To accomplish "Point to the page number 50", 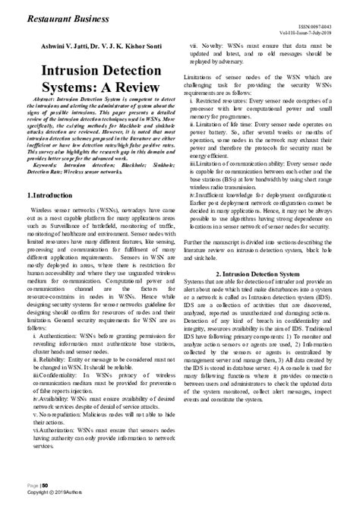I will (44, 485).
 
